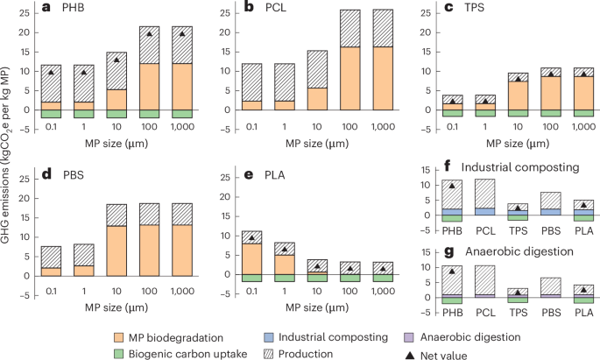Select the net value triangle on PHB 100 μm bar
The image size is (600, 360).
[149, 34]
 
